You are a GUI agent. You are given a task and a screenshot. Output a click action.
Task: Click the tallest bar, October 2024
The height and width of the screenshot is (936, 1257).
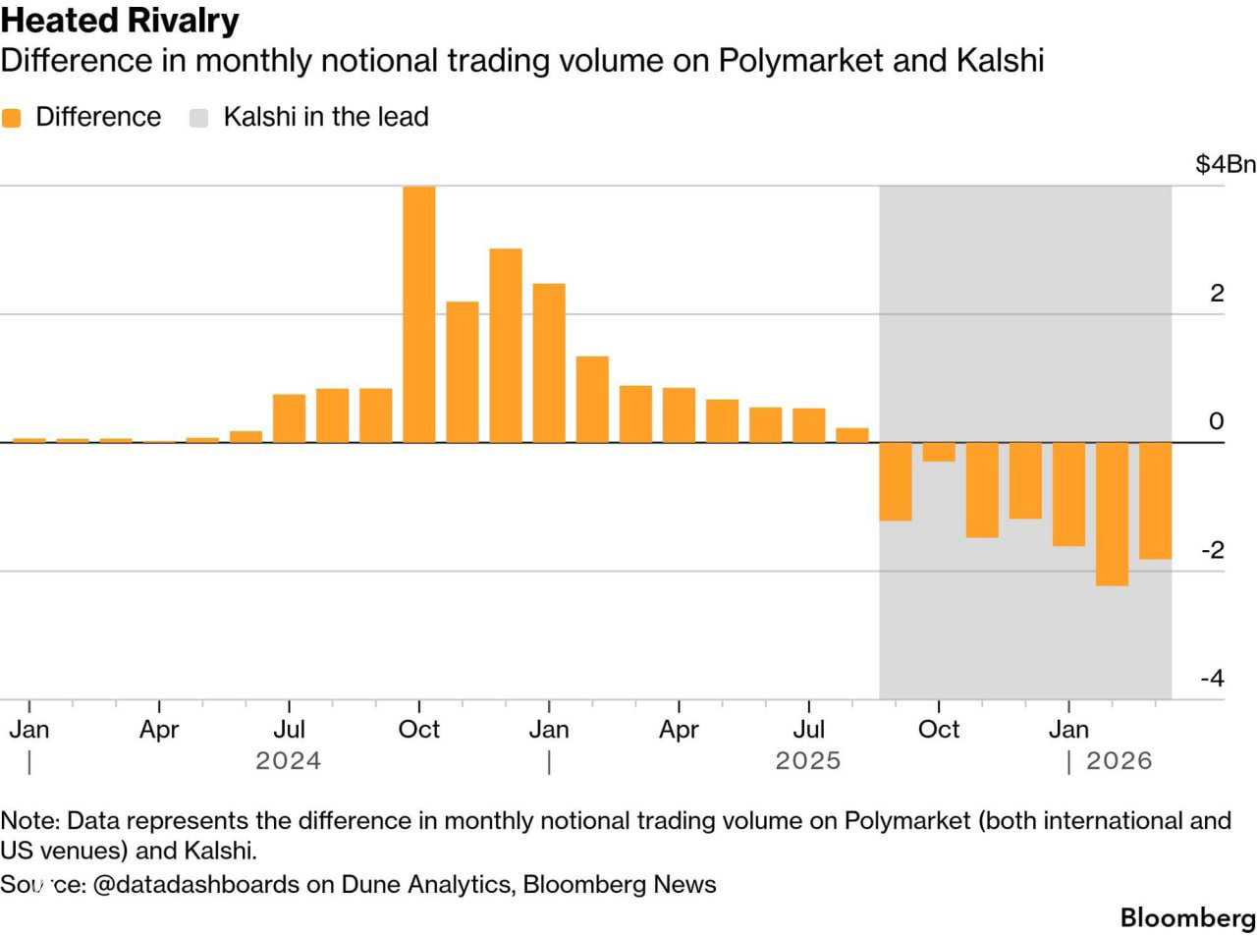(419, 314)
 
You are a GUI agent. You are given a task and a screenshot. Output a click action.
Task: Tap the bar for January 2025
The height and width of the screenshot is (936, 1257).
(549, 363)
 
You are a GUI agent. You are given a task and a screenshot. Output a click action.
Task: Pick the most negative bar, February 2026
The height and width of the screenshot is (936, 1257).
(1112, 514)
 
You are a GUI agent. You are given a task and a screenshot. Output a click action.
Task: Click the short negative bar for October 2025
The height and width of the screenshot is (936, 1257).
(939, 452)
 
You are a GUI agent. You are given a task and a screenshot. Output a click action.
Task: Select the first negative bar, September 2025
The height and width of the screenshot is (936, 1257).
(896, 481)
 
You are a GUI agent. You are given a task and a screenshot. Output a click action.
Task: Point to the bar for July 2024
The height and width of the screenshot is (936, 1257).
(289, 418)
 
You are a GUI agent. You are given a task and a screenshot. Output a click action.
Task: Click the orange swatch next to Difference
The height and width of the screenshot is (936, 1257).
(12, 118)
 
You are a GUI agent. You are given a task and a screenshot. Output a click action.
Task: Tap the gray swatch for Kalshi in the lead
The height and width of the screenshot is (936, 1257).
(199, 118)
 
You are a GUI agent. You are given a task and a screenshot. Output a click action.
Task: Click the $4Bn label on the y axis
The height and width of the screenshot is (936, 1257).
(1225, 164)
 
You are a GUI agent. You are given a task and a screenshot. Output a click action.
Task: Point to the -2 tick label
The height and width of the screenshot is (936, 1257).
(1213, 550)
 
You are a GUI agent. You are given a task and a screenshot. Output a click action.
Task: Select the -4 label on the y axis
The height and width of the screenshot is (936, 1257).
(1213, 679)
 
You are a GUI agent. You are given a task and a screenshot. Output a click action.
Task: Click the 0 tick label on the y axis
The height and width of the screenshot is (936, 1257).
(1217, 421)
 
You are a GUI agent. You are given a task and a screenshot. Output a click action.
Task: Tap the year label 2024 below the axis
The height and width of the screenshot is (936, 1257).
(288, 761)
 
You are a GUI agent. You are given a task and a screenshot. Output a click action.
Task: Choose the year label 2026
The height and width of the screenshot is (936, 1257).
(1119, 761)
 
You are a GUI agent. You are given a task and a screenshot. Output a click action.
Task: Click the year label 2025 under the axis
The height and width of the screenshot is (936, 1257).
(807, 761)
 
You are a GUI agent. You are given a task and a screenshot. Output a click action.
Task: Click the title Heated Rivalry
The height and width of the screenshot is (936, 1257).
(120, 21)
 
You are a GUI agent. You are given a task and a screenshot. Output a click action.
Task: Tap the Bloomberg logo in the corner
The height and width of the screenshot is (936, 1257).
(1187, 917)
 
